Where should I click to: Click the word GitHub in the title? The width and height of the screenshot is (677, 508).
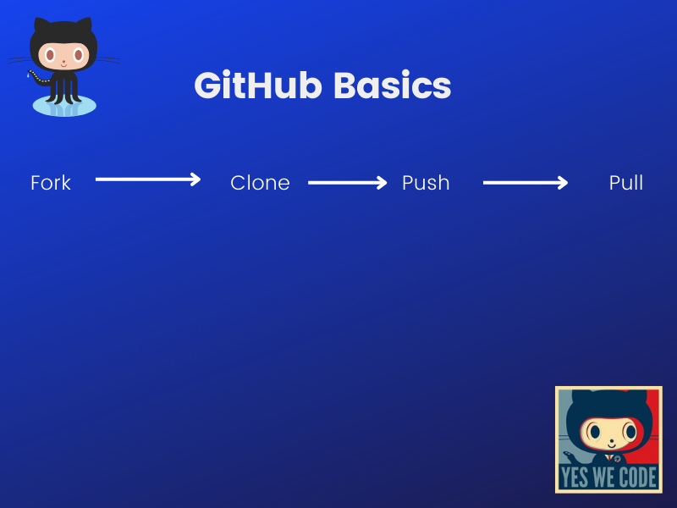click(x=257, y=86)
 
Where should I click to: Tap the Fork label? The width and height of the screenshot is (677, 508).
click(x=51, y=183)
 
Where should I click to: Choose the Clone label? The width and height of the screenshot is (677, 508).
click(x=260, y=183)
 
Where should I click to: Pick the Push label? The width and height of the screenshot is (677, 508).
click(x=426, y=183)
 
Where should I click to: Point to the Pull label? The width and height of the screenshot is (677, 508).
click(x=626, y=183)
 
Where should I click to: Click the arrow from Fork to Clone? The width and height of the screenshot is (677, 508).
click(x=147, y=179)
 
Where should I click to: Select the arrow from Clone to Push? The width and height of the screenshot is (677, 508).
click(x=347, y=183)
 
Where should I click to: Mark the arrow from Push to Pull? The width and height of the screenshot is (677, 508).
click(x=525, y=183)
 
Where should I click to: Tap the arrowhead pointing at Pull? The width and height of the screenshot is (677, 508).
click(x=563, y=183)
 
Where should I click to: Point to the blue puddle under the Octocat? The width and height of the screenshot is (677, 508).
click(x=64, y=107)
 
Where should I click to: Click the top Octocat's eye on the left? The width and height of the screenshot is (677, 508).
click(x=51, y=55)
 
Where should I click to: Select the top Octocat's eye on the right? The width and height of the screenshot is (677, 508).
click(x=78, y=55)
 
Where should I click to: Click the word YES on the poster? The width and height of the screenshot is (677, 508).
click(x=575, y=478)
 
